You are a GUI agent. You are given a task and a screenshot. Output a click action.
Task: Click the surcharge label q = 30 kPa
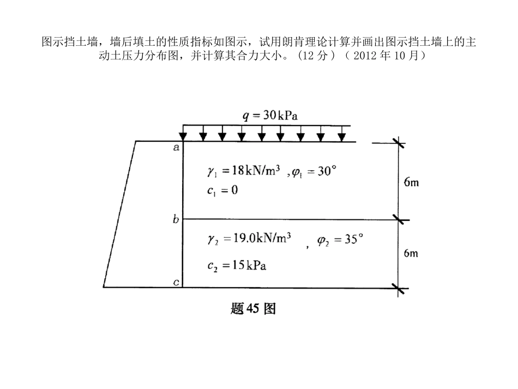point(270,116)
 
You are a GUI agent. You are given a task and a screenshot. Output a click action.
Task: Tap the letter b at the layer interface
point(176,220)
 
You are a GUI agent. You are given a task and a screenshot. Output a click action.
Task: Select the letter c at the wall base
point(176,282)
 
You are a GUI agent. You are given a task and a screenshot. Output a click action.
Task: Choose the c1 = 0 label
point(222,190)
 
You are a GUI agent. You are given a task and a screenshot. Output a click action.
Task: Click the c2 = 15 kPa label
point(237,266)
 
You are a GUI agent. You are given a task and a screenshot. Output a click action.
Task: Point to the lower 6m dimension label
point(411,253)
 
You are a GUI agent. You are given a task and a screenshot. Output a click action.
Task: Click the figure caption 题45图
point(254,309)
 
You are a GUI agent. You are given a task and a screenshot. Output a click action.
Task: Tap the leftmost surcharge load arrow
point(183,134)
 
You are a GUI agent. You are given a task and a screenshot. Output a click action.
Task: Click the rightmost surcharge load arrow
point(341,134)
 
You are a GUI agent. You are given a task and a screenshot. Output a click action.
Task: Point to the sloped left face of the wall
point(120,213)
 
